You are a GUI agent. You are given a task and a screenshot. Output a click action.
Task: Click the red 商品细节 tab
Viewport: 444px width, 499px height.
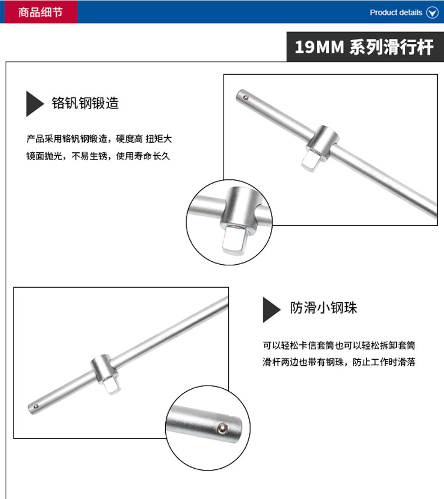[40, 12]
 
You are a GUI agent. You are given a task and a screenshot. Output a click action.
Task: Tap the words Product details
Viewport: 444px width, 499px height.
[396, 12]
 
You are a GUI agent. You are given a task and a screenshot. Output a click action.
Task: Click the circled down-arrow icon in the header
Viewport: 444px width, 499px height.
[432, 12]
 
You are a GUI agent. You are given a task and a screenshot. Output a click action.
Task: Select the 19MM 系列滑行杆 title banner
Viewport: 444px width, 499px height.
[365, 47]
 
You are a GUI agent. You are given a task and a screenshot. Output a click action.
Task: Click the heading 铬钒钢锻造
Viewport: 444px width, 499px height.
[85, 103]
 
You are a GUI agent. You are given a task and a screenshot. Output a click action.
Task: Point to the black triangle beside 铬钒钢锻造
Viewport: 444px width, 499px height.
[34, 104]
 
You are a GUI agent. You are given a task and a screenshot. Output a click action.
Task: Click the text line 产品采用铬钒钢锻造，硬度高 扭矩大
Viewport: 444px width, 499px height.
[99, 139]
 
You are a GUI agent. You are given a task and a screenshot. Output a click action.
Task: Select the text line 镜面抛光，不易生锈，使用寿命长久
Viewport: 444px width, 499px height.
[98, 156]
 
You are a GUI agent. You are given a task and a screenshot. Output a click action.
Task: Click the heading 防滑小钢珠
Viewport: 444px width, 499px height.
[323, 308]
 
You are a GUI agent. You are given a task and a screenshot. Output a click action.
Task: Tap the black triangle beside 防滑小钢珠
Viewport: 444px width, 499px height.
[271, 310]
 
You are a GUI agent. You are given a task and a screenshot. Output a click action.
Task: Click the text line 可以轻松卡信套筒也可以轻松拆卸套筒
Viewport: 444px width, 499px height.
[339, 345]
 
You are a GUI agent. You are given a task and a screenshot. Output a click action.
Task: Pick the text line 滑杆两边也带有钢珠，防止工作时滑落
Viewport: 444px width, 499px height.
[339, 362]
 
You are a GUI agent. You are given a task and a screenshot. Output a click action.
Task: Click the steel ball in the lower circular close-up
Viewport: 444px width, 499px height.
[223, 428]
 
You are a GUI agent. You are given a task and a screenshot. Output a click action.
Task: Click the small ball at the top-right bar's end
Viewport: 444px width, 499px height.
[246, 98]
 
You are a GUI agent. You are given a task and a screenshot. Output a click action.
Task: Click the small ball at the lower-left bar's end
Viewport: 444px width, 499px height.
[36, 407]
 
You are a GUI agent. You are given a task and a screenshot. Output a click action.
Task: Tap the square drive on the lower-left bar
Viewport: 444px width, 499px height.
[111, 385]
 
